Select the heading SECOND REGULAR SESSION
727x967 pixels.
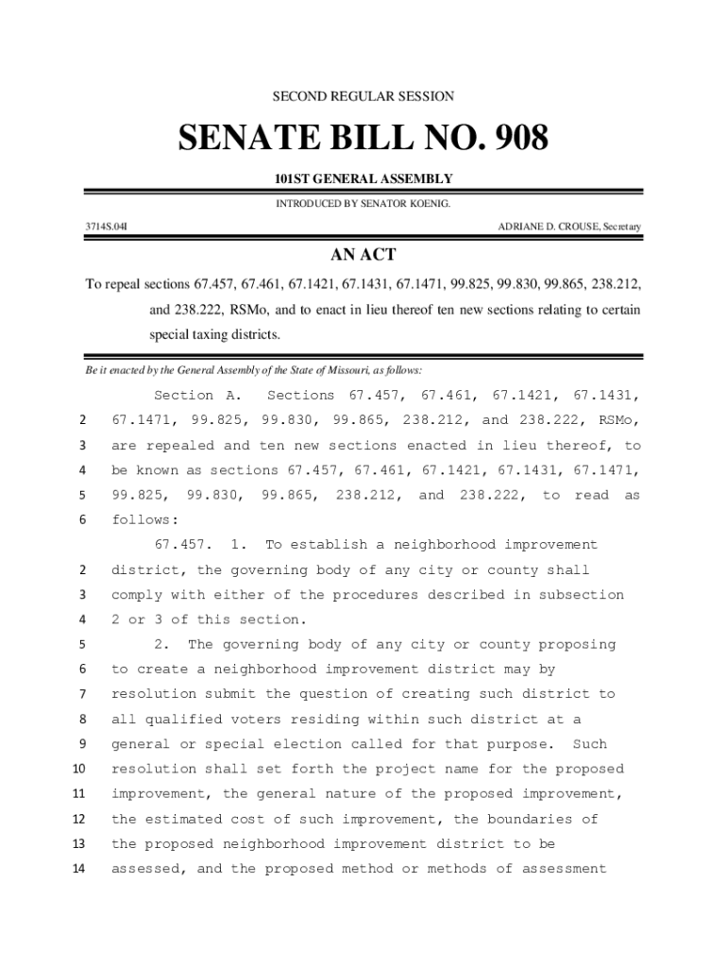363,96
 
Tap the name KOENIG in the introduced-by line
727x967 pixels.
427,203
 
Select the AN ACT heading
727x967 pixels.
363,255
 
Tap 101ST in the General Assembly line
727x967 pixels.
291,178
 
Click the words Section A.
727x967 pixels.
198,396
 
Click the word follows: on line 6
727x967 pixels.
144,520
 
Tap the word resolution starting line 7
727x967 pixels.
153,694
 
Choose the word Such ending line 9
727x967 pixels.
590,744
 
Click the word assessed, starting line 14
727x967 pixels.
153,869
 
